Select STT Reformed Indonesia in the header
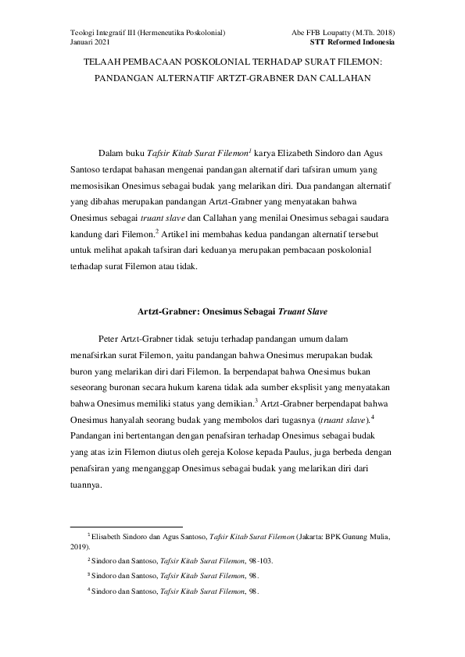click(352, 41)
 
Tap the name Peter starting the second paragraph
click(113, 339)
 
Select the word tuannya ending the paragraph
click(86, 484)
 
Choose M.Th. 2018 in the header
click(370, 32)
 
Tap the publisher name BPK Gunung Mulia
click(363, 537)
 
